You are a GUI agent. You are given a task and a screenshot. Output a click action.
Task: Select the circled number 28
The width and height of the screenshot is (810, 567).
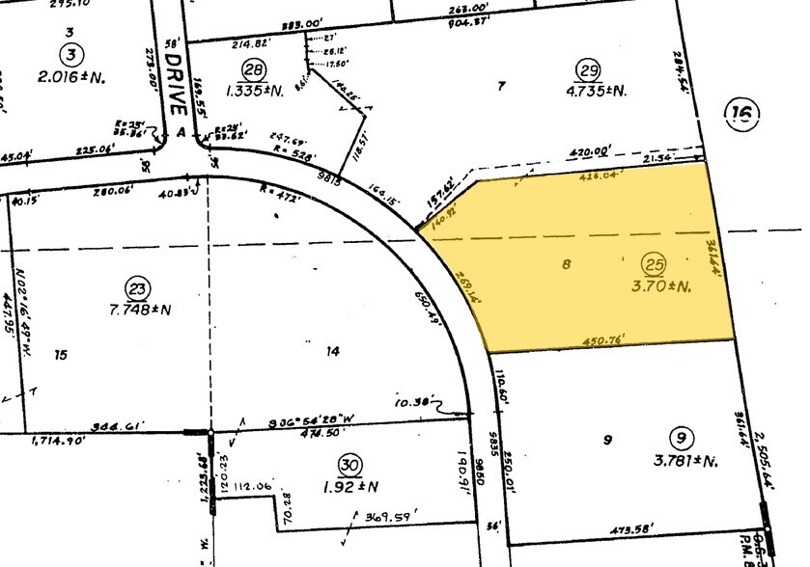point(254,68)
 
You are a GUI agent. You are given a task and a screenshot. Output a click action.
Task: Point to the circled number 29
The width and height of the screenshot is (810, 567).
point(588,68)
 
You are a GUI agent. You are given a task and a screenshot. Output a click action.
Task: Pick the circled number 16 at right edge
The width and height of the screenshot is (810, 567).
point(740,117)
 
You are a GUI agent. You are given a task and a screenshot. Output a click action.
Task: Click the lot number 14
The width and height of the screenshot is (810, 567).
point(332,352)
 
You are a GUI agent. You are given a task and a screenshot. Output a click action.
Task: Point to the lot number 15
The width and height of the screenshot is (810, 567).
point(61,355)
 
